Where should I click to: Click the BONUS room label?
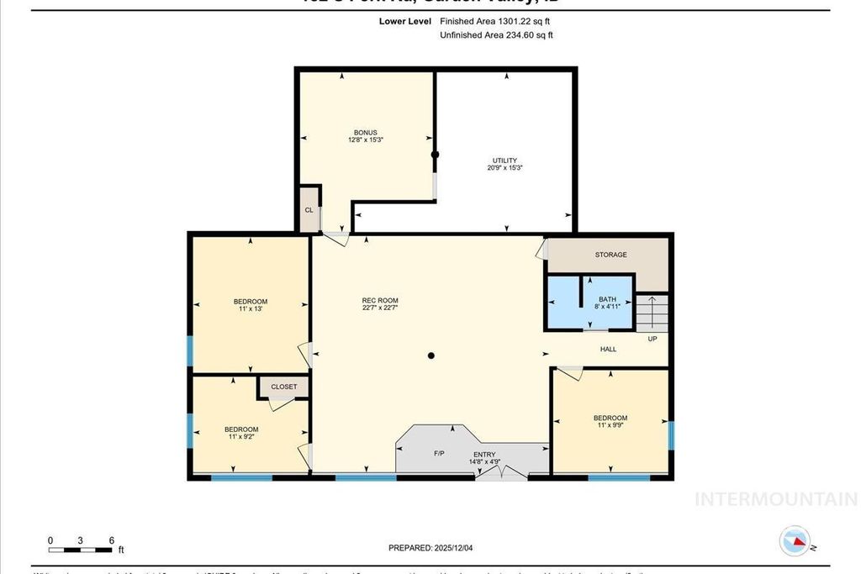pos(365,133)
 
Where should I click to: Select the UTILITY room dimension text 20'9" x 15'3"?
pos(504,167)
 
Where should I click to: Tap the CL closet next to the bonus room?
pos(309,209)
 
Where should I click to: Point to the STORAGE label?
pos(610,255)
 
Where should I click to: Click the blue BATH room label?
pos(607,299)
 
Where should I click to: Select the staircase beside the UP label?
pos(652,313)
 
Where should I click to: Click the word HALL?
pos(608,349)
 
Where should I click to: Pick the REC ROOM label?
pos(380,301)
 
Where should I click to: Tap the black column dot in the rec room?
pos(431,356)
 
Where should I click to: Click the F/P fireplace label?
pos(439,454)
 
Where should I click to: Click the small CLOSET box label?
pos(284,387)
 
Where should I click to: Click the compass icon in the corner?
pos(795,541)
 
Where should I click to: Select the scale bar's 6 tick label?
pos(111,540)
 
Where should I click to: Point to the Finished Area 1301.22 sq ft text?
pos(495,21)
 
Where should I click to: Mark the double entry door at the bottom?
pos(502,474)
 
